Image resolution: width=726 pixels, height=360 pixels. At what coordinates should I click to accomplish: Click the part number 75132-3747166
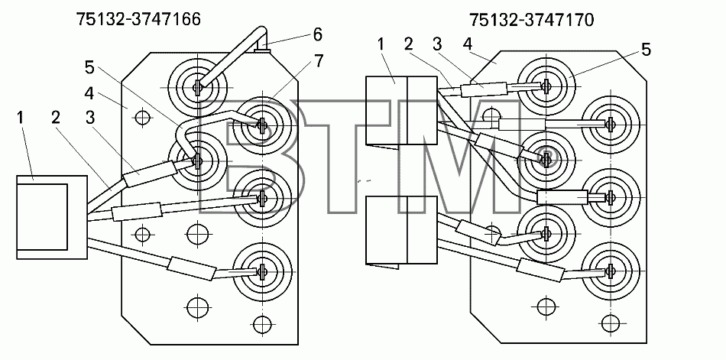(138, 19)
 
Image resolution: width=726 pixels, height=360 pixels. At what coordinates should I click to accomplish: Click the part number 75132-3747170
(531, 21)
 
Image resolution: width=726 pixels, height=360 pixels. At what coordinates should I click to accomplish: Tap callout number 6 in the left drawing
(316, 34)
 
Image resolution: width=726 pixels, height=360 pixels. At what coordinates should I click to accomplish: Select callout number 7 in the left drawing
(319, 60)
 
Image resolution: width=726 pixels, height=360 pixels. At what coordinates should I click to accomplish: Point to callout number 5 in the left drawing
(89, 68)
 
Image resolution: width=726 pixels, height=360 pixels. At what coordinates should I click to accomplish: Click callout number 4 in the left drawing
(89, 93)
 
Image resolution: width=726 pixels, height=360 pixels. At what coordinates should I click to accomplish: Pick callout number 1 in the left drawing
(20, 117)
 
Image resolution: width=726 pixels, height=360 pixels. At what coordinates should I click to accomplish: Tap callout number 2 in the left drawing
(56, 117)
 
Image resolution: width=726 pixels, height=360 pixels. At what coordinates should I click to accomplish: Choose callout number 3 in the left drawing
(89, 117)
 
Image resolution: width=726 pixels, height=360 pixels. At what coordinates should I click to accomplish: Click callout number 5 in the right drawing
(647, 50)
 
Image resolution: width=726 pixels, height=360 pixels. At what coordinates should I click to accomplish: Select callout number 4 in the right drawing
(467, 44)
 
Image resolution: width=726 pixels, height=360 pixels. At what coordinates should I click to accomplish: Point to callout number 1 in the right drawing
(381, 44)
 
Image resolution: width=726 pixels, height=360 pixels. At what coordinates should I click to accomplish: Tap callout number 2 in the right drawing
(408, 44)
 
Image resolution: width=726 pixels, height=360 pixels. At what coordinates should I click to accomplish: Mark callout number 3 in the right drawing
(437, 44)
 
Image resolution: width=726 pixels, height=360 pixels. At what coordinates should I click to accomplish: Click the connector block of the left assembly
(52, 217)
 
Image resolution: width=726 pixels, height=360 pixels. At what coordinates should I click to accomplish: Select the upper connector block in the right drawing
(401, 111)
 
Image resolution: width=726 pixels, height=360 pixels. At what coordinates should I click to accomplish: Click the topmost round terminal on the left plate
(198, 86)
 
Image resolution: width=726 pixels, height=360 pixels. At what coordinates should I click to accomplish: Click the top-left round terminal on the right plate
(546, 86)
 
